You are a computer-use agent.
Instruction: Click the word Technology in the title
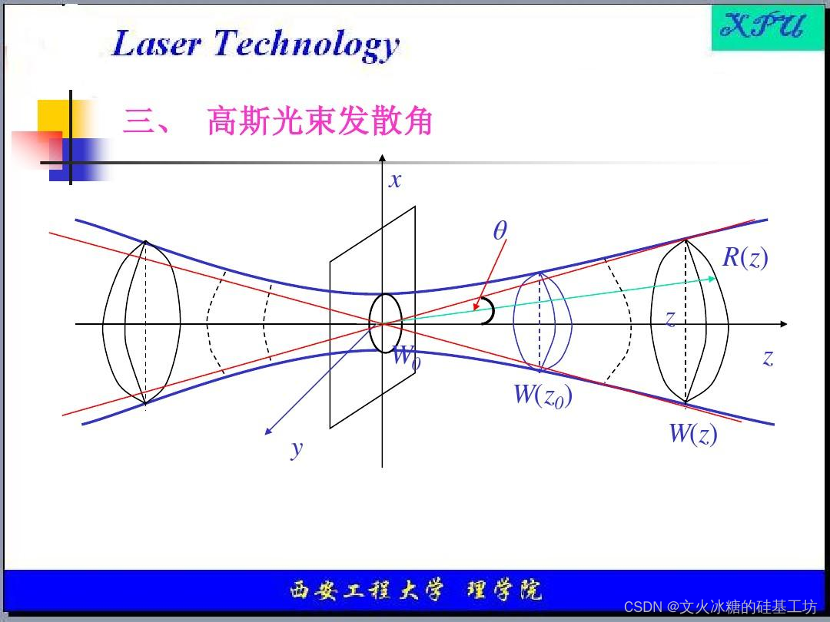pyautogui.click(x=307, y=45)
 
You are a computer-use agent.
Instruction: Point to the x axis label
pyautogui.click(x=395, y=180)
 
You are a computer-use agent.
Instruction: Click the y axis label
pyautogui.click(x=297, y=448)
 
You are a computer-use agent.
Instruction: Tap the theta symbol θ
pyautogui.click(x=500, y=230)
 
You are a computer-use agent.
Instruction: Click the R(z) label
pyautogui.click(x=745, y=257)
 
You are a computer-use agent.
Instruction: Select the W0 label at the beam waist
pyautogui.click(x=406, y=356)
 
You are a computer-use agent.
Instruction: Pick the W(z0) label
pyautogui.click(x=543, y=395)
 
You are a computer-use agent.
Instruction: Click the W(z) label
pyautogui.click(x=692, y=434)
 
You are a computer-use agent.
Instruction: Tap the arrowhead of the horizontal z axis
pyautogui.click(x=783, y=324)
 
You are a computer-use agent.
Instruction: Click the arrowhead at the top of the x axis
pyautogui.click(x=382, y=158)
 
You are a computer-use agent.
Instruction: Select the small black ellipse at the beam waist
pyautogui.click(x=385, y=323)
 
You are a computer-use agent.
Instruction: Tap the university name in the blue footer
pyautogui.click(x=415, y=591)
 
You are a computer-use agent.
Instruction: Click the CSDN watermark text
pyautogui.click(x=720, y=607)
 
